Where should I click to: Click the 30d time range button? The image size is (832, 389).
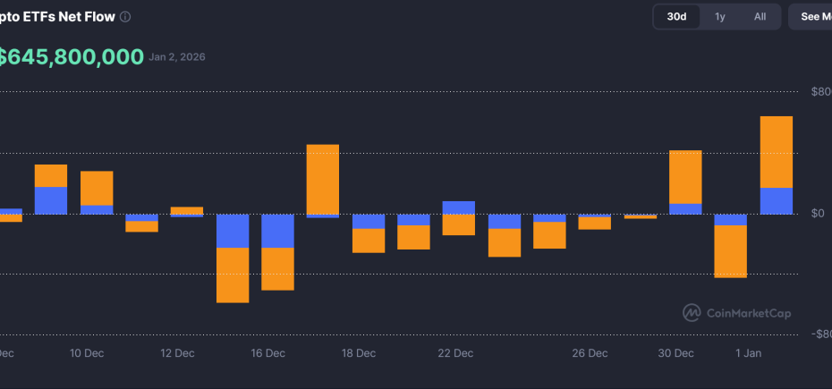point(676,16)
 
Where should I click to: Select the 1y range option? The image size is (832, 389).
point(720,16)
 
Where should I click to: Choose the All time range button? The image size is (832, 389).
point(760,16)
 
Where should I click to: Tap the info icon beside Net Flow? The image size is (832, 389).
point(125,17)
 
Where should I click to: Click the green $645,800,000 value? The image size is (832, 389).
point(72,57)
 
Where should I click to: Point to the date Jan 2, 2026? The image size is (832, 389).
point(177,57)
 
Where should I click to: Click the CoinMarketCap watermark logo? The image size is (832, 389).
point(692,312)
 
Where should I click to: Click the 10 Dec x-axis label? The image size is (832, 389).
point(87,353)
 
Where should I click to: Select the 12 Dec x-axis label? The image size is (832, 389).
point(177,353)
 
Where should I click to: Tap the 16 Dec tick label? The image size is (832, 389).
point(268,353)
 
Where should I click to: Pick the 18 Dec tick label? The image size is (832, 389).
point(359,353)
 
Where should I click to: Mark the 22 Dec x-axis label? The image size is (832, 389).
point(455,353)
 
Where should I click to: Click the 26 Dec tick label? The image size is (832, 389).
point(590,353)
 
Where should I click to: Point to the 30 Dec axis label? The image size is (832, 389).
point(675,353)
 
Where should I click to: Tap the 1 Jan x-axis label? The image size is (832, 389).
point(748,353)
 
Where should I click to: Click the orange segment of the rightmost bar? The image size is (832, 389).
point(776,151)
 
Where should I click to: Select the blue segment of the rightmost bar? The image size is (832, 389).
point(776,201)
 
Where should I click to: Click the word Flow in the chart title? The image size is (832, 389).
point(98,16)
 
